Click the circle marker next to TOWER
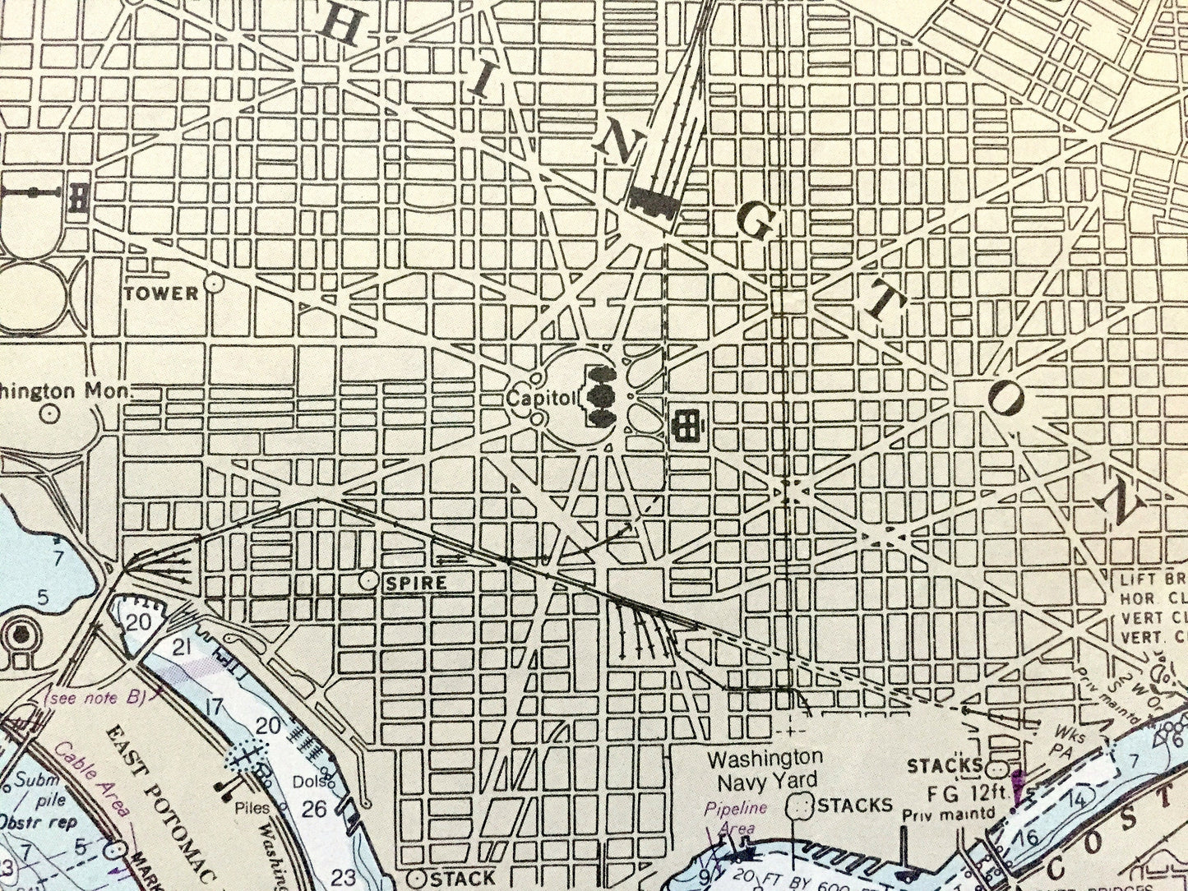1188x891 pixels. tap(215, 284)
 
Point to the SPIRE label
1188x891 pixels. tap(416, 583)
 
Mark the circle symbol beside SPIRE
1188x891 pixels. tap(369, 580)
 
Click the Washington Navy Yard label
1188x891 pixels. tap(765, 768)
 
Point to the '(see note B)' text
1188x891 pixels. tap(97, 699)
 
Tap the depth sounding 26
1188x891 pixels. tap(313, 809)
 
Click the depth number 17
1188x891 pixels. tap(215, 705)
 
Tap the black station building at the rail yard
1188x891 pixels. tap(654, 200)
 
